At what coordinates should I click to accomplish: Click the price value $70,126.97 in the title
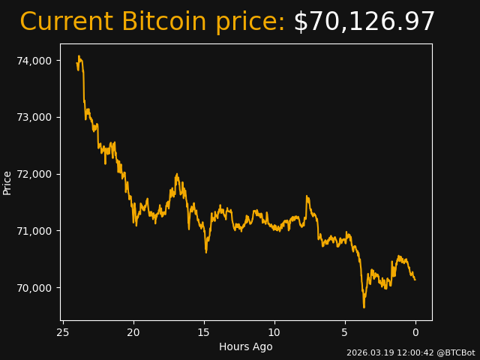point(364,22)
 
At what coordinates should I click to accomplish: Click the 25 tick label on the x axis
point(63,332)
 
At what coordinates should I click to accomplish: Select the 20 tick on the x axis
point(133,332)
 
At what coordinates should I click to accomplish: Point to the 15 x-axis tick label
point(204,332)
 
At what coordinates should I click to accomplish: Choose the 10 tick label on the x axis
point(274,332)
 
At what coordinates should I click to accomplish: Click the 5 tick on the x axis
point(345,332)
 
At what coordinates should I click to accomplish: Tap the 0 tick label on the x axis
point(415,332)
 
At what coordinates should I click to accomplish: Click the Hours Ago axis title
point(245,346)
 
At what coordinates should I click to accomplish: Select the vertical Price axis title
point(7,182)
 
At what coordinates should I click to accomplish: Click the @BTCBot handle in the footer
point(455,352)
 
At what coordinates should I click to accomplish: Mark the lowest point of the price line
point(364,307)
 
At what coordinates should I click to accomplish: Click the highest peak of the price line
point(78,55)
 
